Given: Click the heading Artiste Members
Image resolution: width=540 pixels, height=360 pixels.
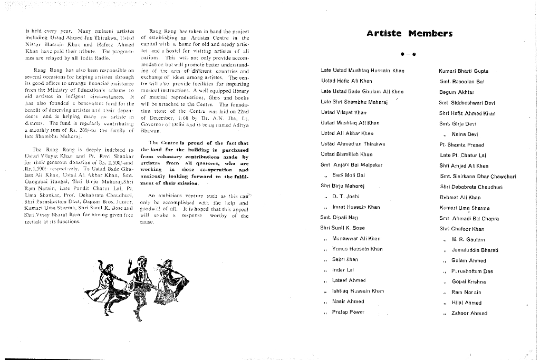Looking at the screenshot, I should [409, 34].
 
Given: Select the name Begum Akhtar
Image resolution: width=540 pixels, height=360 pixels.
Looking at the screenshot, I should [456, 92].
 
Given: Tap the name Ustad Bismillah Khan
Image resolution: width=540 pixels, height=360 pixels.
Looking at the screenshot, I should [346, 154].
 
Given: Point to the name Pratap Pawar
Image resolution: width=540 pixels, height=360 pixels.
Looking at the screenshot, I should [348, 312].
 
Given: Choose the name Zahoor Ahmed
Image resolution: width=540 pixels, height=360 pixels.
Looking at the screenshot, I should [469, 313].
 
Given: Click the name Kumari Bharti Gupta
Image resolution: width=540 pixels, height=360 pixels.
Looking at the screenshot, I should [464, 71].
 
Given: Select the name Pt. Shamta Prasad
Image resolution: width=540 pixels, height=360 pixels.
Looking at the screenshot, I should [461, 145].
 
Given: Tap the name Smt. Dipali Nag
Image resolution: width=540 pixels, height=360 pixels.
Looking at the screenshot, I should [339, 217].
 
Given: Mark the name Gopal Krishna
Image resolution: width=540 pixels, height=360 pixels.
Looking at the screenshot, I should [468, 281].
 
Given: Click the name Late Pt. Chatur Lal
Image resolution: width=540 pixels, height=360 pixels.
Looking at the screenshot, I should [463, 155].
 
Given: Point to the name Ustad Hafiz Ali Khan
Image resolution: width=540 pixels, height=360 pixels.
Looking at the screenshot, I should [346, 81].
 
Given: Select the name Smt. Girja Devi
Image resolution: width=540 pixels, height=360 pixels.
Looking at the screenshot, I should [458, 124].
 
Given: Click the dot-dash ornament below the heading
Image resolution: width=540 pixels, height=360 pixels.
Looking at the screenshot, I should [409, 54].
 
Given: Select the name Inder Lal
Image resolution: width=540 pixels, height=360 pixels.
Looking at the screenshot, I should [343, 270].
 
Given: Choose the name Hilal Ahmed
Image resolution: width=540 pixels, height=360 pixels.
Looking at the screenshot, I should [466, 303].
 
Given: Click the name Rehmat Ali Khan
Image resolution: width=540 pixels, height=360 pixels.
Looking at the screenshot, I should [460, 198].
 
